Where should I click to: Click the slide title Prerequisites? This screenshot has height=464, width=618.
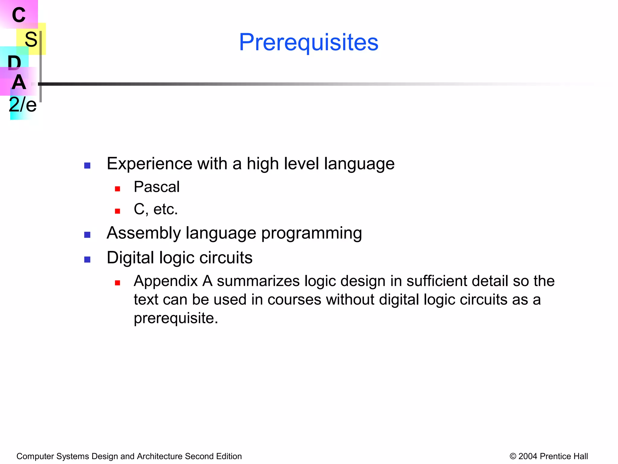308,42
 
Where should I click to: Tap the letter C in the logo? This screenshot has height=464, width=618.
19,15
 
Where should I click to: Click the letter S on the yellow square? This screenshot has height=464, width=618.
31,39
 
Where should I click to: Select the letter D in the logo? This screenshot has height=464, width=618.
14,63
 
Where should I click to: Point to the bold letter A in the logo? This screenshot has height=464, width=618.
19,82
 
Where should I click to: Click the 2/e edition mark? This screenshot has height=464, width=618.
23,105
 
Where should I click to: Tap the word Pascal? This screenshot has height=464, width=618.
157,187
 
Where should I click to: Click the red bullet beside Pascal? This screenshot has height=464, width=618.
118,189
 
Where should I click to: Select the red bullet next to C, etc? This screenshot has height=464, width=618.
118,211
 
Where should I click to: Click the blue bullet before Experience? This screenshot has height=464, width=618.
87,166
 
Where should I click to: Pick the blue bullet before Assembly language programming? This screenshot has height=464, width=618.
87,235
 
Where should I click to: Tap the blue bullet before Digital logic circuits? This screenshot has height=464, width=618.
87,259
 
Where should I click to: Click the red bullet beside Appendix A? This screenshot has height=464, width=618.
118,283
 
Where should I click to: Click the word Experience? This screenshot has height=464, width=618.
149,164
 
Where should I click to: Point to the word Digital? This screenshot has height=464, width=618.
130,258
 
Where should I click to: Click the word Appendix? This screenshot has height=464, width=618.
166,281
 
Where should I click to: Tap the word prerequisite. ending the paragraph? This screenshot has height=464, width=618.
176,318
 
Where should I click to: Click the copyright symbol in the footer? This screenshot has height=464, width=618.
513,456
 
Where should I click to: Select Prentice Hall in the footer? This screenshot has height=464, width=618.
564,456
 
